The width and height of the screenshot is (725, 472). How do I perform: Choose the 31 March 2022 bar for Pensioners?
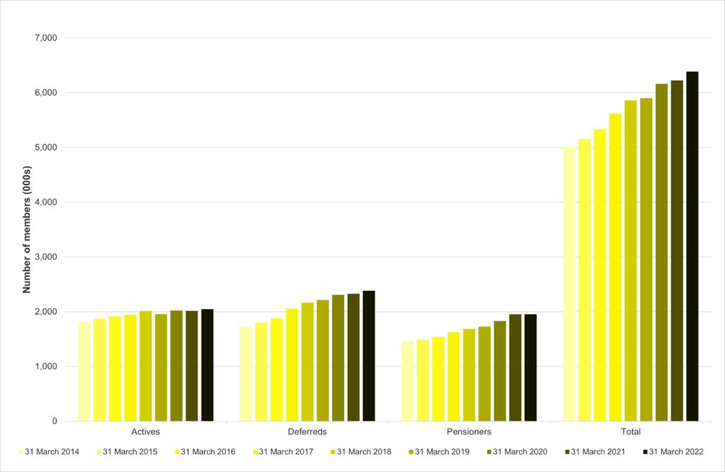(530, 368)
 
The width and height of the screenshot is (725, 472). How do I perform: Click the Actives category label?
(146, 432)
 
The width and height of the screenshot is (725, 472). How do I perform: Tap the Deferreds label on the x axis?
(307, 432)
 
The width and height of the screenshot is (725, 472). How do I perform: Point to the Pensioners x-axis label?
(469, 432)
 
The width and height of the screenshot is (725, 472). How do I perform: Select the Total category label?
(630, 432)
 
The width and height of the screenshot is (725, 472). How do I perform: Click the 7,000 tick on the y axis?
(45, 38)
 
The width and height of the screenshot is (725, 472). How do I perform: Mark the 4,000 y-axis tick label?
(45, 202)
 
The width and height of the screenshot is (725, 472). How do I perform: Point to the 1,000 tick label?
(45, 367)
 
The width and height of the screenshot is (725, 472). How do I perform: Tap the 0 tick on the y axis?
(55, 422)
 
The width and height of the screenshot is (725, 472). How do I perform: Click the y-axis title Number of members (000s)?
(27, 230)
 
